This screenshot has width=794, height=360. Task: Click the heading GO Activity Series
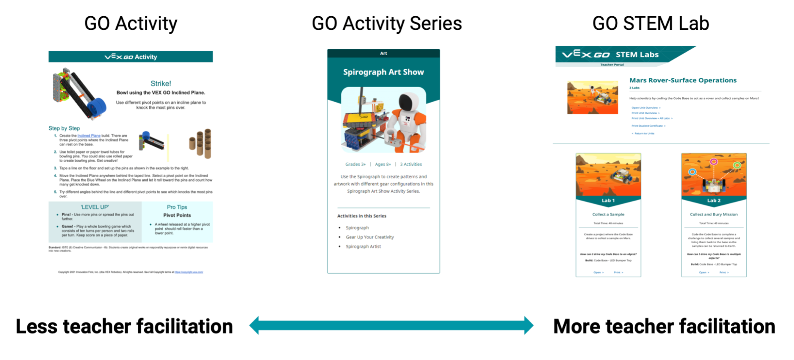386,23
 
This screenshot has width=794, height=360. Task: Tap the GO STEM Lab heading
650,23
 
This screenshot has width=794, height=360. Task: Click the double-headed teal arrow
391,325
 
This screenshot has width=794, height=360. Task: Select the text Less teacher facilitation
124,327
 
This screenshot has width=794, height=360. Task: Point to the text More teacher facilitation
664,327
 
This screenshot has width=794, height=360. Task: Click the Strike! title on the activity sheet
160,83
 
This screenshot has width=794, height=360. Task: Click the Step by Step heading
64,128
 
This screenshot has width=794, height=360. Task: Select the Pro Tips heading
177,207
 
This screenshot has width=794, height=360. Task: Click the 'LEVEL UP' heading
95,207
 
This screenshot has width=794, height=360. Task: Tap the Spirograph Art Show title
383,72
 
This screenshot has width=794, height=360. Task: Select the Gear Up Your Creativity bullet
369,237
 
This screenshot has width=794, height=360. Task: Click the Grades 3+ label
355,164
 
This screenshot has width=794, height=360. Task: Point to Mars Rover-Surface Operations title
683,80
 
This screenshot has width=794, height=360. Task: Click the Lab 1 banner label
608,201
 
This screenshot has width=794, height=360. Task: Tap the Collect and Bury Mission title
713,215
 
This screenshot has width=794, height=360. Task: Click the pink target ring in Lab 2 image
714,162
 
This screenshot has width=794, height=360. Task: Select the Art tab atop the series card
383,53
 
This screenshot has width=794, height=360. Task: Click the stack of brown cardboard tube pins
201,143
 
